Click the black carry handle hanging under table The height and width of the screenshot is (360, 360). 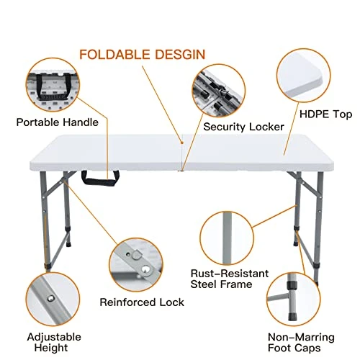tap(102, 177)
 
